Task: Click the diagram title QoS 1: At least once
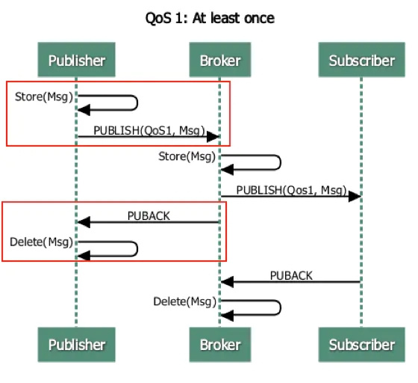(x=210, y=17)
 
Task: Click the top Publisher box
(x=76, y=61)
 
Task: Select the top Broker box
(x=220, y=61)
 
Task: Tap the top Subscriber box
(x=362, y=61)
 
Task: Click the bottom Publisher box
(x=76, y=345)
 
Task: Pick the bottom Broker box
(x=220, y=345)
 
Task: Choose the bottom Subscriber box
(x=362, y=345)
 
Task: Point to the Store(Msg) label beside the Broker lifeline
(x=187, y=156)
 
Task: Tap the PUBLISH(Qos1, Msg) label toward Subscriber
(x=291, y=190)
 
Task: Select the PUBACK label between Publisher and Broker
(x=149, y=216)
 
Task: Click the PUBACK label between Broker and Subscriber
(x=291, y=276)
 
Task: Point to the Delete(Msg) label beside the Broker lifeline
(x=184, y=301)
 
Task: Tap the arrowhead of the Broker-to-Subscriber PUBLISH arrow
(x=355, y=197)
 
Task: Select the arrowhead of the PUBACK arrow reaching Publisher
(x=84, y=222)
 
